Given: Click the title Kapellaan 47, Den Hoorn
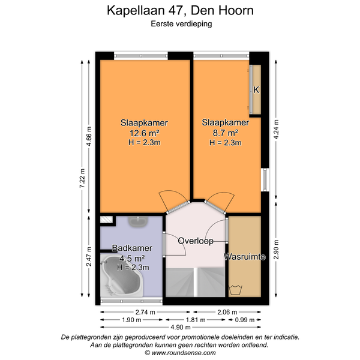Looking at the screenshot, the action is pos(180,11).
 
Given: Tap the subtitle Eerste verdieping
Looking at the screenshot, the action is pos(181,24).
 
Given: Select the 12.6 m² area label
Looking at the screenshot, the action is pos(145,133).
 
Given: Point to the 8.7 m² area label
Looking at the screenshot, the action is pos(225,133).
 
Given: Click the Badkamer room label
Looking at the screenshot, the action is pos(132,248).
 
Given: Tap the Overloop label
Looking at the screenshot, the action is pos(196,241).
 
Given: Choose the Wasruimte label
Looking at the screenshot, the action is pos(245,256).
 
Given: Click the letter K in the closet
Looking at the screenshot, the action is pos(256,89).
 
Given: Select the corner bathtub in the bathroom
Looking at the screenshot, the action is pos(122,275).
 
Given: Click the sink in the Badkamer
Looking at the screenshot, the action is pos(138,222).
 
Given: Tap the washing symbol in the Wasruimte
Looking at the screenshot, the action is pos(236,290).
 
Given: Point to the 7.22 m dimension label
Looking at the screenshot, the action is pos(82,178).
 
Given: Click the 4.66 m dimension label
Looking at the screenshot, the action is pos(89,136).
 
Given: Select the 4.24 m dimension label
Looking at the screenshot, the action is pos(276,129).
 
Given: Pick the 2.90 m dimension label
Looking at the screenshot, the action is pos(276,250).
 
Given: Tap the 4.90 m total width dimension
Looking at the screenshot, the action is pos(181,327).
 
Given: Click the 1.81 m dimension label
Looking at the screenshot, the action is pos(196,320).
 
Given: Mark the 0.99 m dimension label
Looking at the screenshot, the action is pos(245,320).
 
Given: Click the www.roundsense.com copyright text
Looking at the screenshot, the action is pos(180,353).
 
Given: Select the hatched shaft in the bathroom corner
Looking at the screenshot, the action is pos(107,220).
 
